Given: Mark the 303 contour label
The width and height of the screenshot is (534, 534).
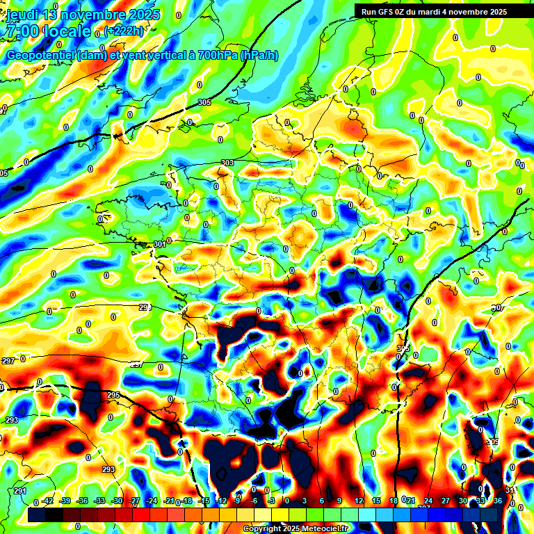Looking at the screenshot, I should click(227, 163).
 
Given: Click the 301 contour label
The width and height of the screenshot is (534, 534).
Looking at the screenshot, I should click(159, 244).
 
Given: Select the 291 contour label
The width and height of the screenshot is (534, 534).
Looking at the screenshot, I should click(19, 491).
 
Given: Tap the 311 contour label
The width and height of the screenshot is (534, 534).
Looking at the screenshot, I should click(510, 491).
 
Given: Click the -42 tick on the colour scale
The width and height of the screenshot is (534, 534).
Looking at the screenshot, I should click(48, 501).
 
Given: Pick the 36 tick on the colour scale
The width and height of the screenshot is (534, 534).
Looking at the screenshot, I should click(498, 501).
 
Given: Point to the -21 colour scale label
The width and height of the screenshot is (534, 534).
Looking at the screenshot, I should click(169, 501).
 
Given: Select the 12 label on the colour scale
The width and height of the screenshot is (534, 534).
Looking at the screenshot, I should click(359, 501).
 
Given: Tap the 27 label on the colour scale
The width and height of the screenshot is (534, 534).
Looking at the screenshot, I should click(446, 501).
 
